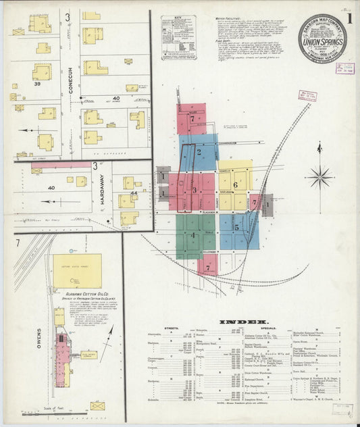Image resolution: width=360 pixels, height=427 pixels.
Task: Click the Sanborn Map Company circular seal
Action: click(322, 38)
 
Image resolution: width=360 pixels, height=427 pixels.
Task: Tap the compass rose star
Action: click(319, 178)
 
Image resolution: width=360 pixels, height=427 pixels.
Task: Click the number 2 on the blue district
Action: click(199, 153)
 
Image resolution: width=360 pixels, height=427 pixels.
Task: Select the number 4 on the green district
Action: click(193, 236)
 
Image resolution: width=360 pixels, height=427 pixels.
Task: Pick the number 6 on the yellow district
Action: click(235, 184)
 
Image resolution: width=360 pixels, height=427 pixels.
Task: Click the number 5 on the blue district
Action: click(237, 228)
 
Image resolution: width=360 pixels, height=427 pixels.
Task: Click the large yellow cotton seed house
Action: click(78, 271)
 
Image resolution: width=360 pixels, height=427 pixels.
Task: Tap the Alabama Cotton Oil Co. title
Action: click(78, 295)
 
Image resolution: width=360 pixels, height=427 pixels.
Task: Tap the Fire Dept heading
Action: click(224, 41)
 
